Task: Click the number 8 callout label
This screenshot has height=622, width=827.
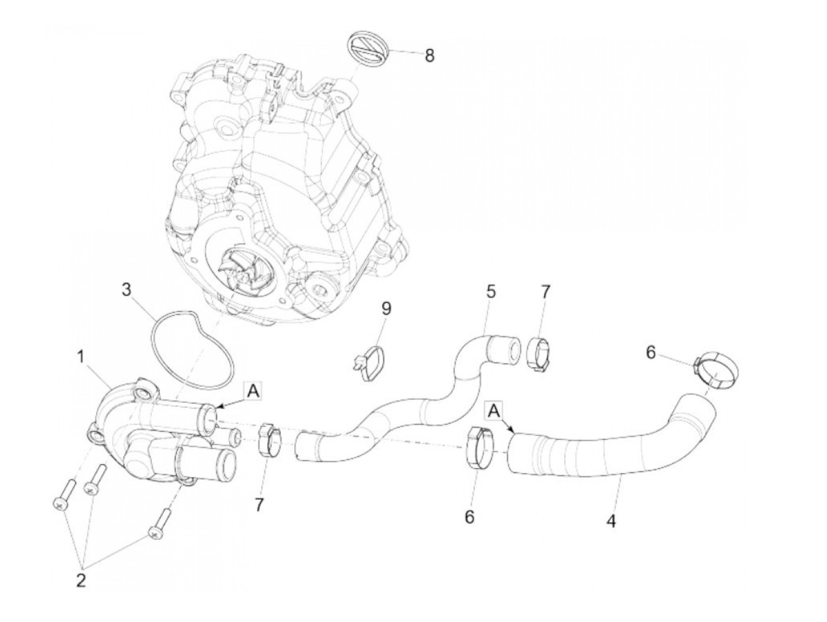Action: [x=429, y=56]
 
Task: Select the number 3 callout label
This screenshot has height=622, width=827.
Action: [x=126, y=291]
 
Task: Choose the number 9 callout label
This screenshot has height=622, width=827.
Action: [x=386, y=308]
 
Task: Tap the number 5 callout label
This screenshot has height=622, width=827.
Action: [x=491, y=291]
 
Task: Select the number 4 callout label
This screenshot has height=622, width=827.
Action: [x=611, y=521]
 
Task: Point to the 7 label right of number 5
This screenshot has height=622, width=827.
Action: [x=545, y=291]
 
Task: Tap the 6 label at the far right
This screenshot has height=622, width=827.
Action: [x=650, y=352]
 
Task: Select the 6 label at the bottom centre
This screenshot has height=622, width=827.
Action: [x=470, y=517]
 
